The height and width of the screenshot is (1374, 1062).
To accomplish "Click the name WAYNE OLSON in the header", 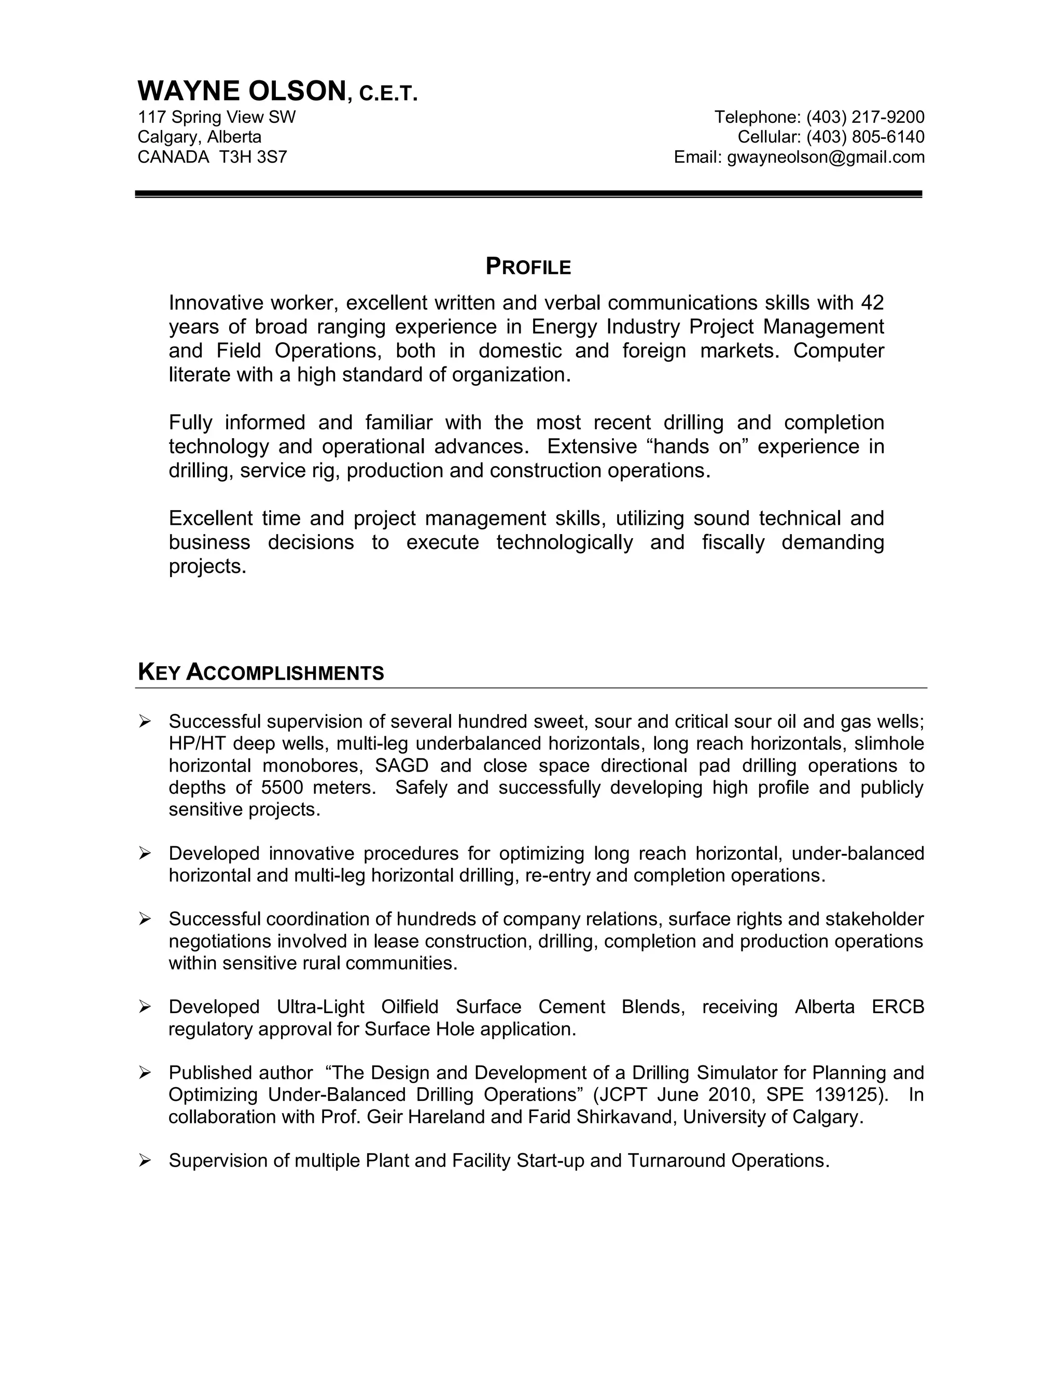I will click(242, 92).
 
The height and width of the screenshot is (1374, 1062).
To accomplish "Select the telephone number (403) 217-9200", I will click(865, 117).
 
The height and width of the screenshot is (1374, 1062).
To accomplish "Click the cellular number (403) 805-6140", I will click(865, 137).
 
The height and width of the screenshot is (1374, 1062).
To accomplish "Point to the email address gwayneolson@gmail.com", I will click(826, 157).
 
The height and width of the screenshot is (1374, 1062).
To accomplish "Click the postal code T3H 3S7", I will click(253, 157).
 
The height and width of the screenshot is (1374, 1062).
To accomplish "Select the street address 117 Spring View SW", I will click(216, 117).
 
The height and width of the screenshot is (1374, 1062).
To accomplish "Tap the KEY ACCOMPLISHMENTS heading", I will click(260, 672).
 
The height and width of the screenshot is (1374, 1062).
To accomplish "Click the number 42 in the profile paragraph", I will click(872, 303).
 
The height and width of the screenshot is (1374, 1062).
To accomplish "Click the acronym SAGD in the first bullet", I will click(401, 766).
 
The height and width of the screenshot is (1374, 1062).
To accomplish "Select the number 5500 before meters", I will click(282, 788).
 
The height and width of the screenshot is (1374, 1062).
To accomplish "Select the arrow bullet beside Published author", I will click(145, 1073).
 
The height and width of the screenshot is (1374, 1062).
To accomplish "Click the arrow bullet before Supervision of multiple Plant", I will click(145, 1160).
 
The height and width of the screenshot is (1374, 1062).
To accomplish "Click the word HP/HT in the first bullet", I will click(198, 744).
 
